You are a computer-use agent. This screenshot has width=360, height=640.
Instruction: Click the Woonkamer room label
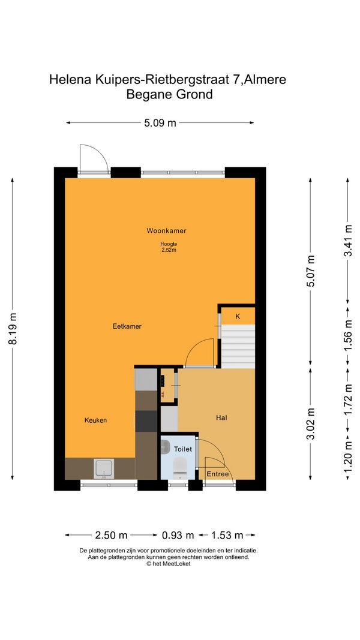[167, 230]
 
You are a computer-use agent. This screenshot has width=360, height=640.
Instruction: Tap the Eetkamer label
[127, 326]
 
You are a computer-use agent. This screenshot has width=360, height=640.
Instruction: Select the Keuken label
[95, 420]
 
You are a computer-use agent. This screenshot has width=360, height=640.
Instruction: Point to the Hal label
[221, 417]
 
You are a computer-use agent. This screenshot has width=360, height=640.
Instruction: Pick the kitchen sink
[104, 468]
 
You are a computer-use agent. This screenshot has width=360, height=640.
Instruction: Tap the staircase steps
[238, 346]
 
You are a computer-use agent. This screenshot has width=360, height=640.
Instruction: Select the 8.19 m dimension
[13, 329]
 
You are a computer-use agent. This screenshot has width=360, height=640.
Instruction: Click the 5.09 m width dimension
[160, 122]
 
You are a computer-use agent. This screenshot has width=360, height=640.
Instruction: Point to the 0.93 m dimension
[178, 534]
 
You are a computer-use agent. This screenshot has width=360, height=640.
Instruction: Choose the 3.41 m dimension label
[348, 241]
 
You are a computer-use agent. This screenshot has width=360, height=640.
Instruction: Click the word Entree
[218, 474]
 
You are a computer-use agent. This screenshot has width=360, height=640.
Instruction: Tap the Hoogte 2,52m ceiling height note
[168, 247]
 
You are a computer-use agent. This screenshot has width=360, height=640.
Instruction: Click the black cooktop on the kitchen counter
[146, 421]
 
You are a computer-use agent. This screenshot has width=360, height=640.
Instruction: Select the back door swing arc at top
[98, 153]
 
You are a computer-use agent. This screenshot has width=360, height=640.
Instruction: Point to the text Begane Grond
[169, 94]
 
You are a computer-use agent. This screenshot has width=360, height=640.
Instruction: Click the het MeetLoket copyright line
[168, 564]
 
